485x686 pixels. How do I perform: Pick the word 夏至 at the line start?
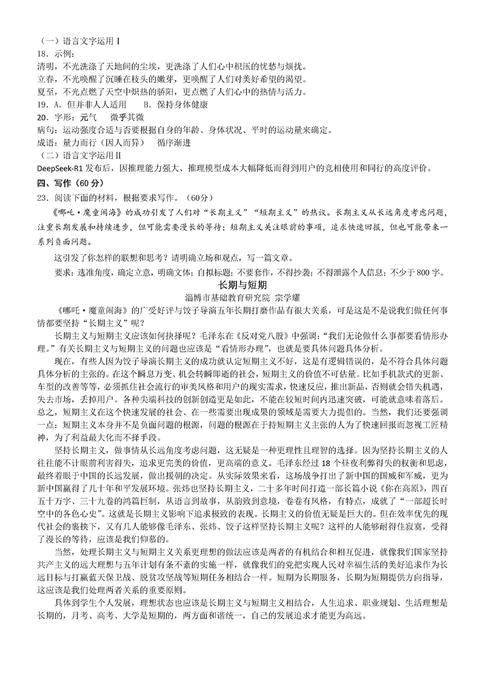click(47, 92)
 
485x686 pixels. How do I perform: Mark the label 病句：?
click(49, 130)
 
